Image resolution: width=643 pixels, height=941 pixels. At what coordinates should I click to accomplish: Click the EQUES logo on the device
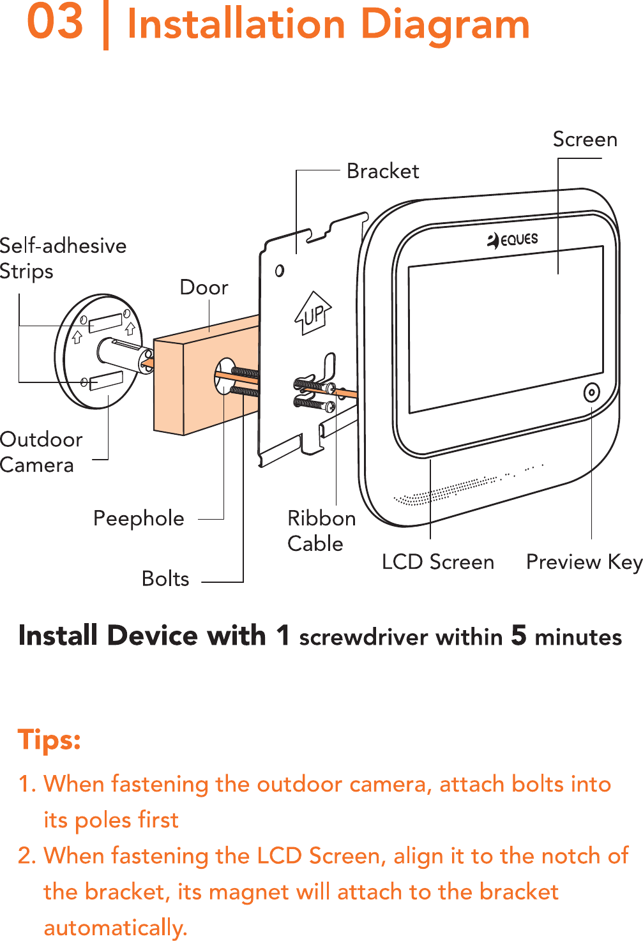pyautogui.click(x=513, y=240)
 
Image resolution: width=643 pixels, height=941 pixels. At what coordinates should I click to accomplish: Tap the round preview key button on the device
pyautogui.click(x=591, y=393)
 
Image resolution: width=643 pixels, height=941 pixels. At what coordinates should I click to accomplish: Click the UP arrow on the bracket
pyautogui.click(x=313, y=313)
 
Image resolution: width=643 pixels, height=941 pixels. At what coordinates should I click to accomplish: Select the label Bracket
pyautogui.click(x=382, y=171)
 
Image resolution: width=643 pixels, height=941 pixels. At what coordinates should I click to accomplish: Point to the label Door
pyautogui.click(x=204, y=287)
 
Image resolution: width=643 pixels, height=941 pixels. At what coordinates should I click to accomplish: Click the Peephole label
pyautogui.click(x=139, y=518)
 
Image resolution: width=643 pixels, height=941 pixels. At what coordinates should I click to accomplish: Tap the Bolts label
pyautogui.click(x=165, y=578)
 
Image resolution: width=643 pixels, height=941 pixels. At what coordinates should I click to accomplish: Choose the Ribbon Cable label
pyautogui.click(x=321, y=531)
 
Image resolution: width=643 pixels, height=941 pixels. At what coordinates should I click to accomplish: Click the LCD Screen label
pyautogui.click(x=437, y=562)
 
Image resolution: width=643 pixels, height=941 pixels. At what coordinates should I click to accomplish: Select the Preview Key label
pyautogui.click(x=584, y=562)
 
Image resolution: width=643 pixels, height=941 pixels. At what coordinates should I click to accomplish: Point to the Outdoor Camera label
pyautogui.click(x=40, y=452)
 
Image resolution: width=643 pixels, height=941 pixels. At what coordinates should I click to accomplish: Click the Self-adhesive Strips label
pyautogui.click(x=62, y=258)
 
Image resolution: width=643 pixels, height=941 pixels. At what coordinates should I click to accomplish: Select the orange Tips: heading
pyautogui.click(x=49, y=740)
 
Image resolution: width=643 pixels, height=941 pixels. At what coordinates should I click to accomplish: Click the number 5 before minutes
pyautogui.click(x=518, y=635)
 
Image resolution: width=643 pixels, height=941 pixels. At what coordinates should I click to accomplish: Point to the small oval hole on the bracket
pyautogui.click(x=280, y=271)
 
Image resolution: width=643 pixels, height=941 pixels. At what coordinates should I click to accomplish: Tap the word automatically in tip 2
pyautogui.click(x=115, y=927)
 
